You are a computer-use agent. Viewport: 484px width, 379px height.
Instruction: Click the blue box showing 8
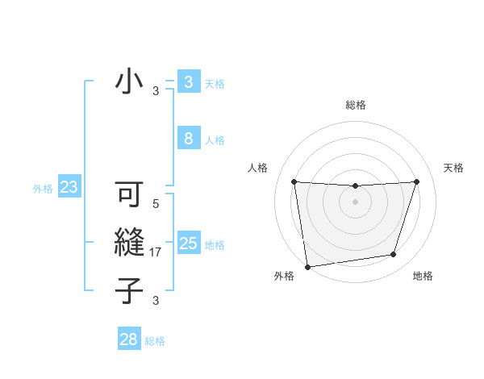(188, 139)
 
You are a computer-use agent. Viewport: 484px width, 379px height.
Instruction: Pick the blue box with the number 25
(188, 243)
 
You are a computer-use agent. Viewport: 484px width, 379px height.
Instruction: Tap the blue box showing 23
(69, 188)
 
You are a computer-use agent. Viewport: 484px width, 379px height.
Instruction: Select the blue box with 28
(129, 339)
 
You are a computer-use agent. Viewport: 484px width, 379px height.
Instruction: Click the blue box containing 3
(188, 81)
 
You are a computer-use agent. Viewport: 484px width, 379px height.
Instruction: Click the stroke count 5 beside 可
(156, 205)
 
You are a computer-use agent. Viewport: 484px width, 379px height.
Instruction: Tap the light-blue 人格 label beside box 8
(215, 140)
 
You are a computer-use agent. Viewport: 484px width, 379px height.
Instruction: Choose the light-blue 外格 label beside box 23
(43, 189)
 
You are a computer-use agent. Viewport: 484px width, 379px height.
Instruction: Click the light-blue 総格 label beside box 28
(155, 341)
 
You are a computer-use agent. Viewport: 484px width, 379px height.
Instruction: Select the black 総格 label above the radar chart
(355, 105)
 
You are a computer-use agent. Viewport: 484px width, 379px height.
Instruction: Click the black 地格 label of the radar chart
(423, 276)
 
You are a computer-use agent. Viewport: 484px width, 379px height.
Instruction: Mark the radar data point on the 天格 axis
(416, 181)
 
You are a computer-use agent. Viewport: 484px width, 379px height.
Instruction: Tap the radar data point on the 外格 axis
(307, 267)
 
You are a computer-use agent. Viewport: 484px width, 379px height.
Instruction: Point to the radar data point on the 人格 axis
(294, 181)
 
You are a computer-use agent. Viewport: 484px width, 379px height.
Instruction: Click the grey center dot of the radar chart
(355, 202)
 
